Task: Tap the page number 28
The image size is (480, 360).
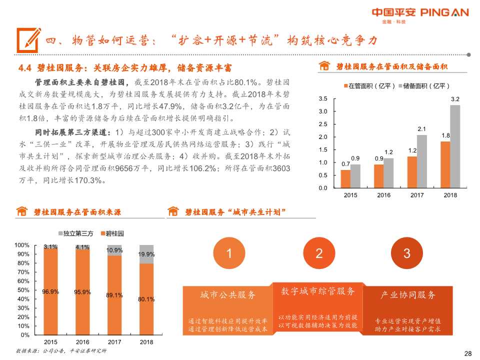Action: (468, 353)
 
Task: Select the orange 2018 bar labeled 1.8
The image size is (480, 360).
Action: (445, 164)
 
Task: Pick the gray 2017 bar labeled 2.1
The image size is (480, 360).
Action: (422, 161)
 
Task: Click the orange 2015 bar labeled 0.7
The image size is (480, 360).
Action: (345, 178)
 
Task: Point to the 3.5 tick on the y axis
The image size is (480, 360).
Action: (323, 98)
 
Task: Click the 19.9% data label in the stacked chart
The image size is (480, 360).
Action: (146, 254)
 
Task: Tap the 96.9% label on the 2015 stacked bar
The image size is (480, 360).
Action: (50, 292)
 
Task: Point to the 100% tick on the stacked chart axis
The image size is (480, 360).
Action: (22, 245)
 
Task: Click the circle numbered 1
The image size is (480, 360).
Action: (229, 253)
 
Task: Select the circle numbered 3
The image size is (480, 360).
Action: (406, 253)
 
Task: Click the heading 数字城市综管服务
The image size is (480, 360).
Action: (318, 291)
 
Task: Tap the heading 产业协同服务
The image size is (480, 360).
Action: (408, 295)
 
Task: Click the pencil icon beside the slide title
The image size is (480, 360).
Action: (28, 38)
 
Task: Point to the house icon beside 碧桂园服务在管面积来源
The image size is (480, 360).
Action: (21, 212)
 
